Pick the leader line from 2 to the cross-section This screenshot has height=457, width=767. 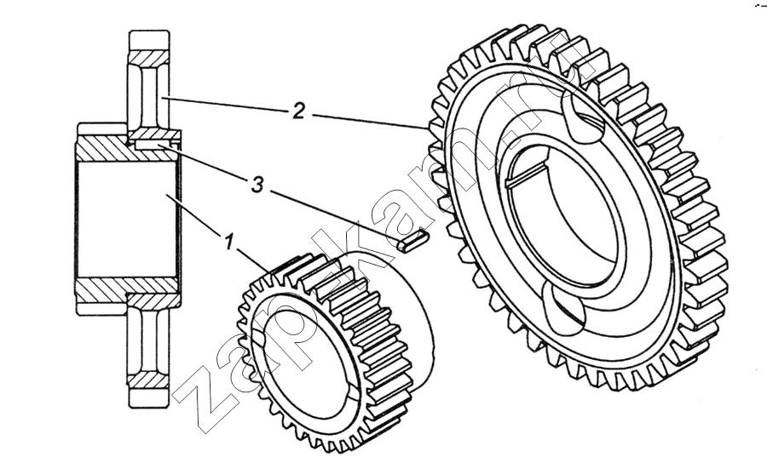(x=226, y=105)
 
